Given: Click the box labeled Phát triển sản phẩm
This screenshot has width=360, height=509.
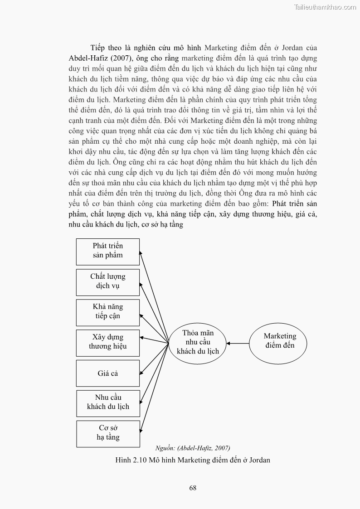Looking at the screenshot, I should [x=107, y=251].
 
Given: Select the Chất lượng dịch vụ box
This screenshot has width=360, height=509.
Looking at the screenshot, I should [x=107, y=281].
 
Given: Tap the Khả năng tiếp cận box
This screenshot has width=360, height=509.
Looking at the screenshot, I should [x=107, y=311].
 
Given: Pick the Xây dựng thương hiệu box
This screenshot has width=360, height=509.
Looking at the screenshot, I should [x=107, y=342].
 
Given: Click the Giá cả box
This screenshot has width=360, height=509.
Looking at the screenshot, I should [x=107, y=373].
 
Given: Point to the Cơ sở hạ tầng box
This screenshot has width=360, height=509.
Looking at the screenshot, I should [x=107, y=433].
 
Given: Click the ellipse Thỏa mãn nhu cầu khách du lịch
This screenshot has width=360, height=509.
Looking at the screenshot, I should [x=198, y=342].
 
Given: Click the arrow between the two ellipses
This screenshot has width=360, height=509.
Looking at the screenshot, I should [x=238, y=343].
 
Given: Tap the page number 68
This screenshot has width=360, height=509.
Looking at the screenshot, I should [x=193, y=488].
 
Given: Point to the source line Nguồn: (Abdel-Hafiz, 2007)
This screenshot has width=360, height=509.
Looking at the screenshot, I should [x=192, y=448].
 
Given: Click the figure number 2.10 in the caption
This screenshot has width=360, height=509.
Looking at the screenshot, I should [x=138, y=460].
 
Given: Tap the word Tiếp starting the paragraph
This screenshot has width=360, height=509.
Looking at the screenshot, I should [x=97, y=48].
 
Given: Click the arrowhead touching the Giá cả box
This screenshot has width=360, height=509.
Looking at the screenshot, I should [x=141, y=373].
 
